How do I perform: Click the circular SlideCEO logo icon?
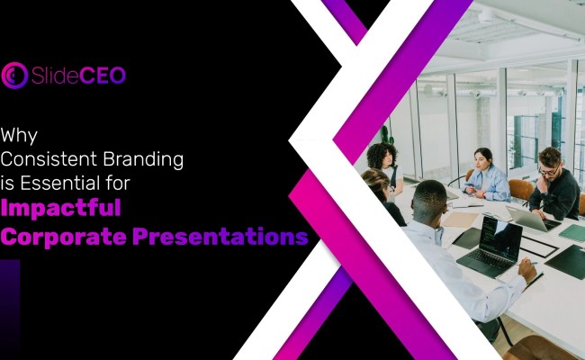point(14,76)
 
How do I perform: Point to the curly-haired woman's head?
point(382,154)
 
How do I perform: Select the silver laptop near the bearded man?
point(530,217)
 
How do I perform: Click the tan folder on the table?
point(463,219)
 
